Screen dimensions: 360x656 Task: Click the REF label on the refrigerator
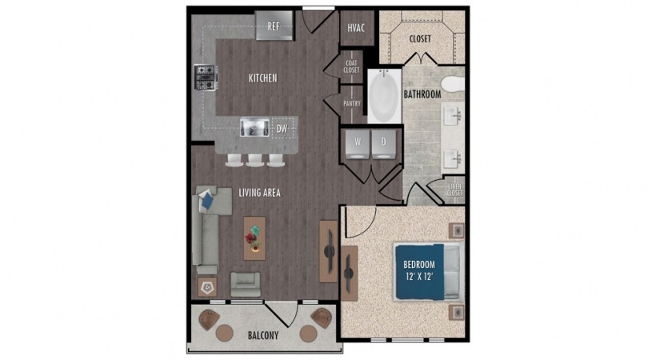coord(273,26)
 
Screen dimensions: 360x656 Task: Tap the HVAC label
coord(356,28)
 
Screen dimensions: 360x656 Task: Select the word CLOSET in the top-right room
coord(421,38)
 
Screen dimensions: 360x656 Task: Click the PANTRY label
coord(351,103)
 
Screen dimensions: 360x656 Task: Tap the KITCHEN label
coord(262,78)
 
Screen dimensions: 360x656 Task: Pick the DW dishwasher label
coord(282,127)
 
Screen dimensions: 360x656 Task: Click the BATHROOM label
coord(422,94)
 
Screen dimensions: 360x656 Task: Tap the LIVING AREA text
coord(259,193)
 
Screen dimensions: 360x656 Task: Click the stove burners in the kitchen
coord(204,78)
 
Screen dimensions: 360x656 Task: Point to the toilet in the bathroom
coord(453,84)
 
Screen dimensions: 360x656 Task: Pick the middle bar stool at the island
coord(255,159)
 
